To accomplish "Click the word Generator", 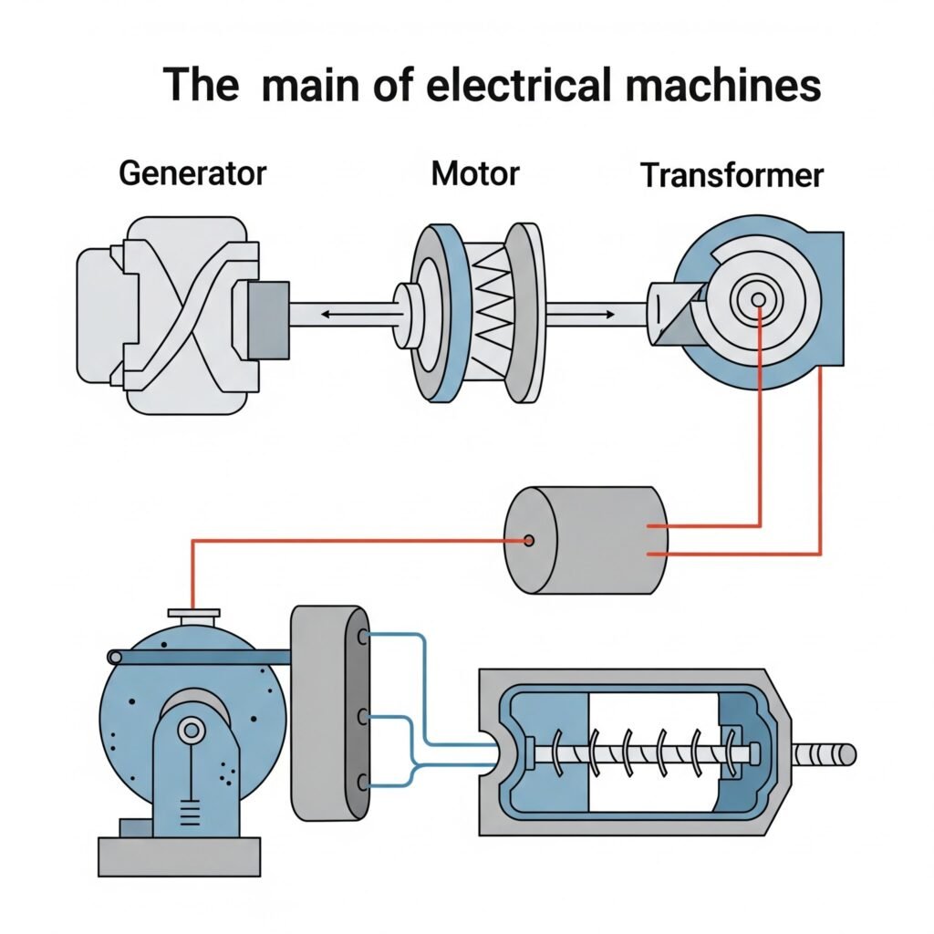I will [192, 172].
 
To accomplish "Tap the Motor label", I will [474, 172].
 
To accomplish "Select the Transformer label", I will [732, 175].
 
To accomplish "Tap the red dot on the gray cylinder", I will [528, 541].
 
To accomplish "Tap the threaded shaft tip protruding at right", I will [825, 753].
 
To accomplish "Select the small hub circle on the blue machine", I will [192, 729].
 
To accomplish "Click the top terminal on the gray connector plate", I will [364, 637].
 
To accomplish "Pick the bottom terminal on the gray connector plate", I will [363, 782].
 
